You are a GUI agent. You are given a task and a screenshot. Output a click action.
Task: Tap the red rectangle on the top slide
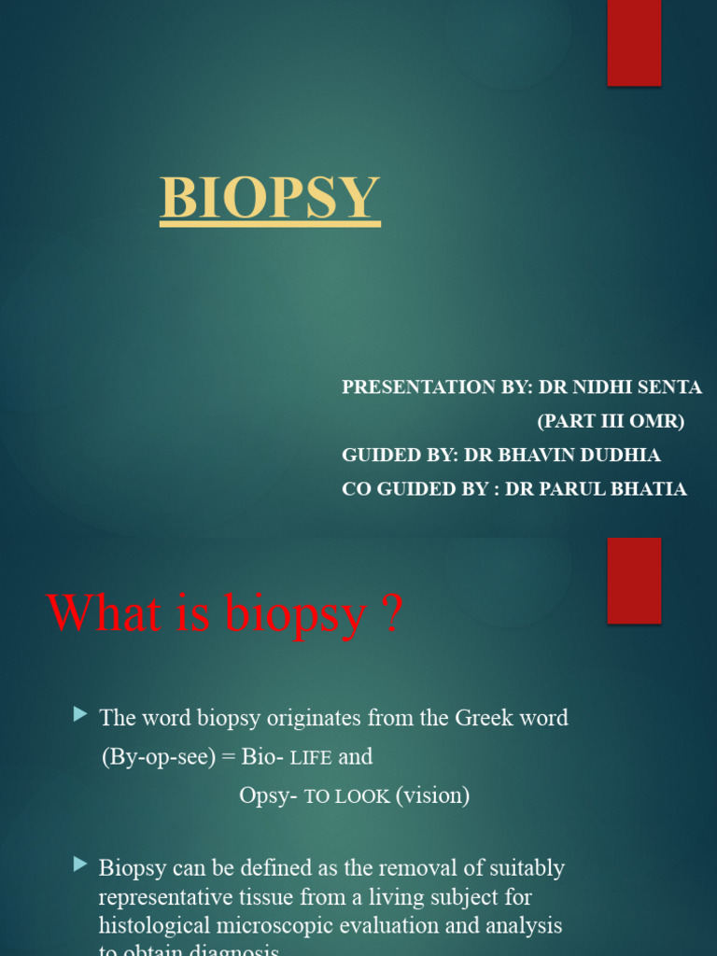pos(634,43)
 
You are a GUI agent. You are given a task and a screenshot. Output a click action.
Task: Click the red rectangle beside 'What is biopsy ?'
pos(634,580)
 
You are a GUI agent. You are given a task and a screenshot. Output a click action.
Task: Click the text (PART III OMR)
pos(611,421)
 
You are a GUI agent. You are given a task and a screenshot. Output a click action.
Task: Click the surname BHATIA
pos(648,489)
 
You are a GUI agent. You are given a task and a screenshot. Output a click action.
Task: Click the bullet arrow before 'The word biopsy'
pos(79,715)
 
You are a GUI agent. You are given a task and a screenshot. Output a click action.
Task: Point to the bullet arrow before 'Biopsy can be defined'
pos(79,865)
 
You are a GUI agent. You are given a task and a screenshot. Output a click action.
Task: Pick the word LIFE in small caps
pos(311,758)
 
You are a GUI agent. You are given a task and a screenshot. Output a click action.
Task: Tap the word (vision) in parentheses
pos(432,795)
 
